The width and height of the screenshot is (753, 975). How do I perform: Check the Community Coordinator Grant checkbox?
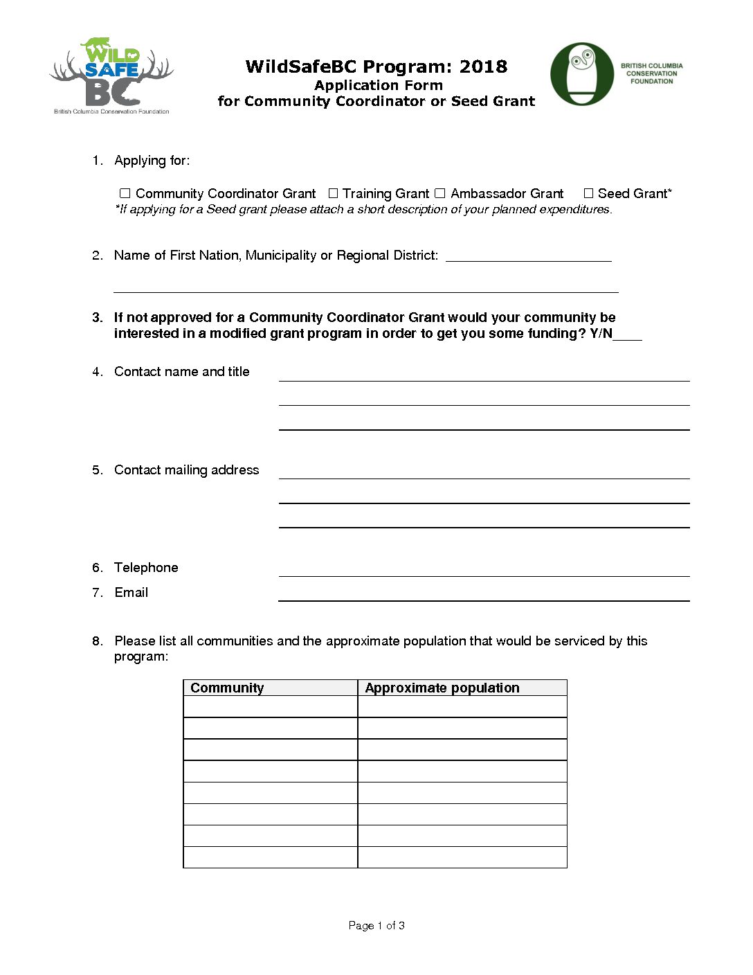click(x=125, y=193)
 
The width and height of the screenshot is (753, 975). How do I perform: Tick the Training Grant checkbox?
click(x=333, y=193)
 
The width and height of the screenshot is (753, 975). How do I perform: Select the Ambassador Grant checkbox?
click(x=439, y=193)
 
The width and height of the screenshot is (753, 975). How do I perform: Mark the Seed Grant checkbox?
click(x=588, y=193)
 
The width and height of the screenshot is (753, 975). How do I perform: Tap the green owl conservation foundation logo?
click(x=582, y=74)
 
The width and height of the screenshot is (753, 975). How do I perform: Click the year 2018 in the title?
click(x=483, y=66)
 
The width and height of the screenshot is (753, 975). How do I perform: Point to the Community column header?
click(x=227, y=688)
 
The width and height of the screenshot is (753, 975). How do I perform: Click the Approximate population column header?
click(x=442, y=688)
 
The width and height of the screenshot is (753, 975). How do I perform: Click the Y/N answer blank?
click(x=628, y=334)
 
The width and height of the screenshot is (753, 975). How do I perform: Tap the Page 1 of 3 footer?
click(x=376, y=925)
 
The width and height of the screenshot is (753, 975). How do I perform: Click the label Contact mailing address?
click(x=186, y=470)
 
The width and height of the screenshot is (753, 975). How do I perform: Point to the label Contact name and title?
click(x=181, y=372)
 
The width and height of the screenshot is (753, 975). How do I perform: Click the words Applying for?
click(x=152, y=161)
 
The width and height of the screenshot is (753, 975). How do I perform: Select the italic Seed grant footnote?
click(x=363, y=209)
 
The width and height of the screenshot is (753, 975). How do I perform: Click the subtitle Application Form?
click(x=378, y=85)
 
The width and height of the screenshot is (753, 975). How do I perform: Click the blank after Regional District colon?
click(x=528, y=256)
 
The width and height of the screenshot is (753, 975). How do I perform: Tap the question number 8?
click(x=97, y=641)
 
